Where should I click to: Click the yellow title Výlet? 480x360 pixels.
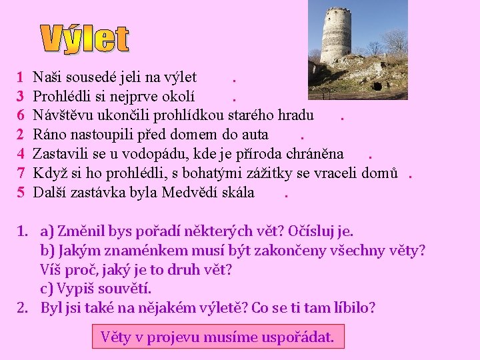(x=85, y=39)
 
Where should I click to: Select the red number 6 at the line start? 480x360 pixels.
(x=21, y=115)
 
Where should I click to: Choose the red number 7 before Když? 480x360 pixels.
(x=21, y=173)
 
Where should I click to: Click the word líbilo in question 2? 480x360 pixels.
(x=351, y=309)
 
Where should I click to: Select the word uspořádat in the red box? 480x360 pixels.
(x=296, y=337)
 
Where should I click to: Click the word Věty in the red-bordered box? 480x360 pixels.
(x=115, y=337)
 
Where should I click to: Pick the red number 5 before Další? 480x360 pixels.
(x=21, y=193)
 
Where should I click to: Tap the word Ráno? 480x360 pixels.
(x=49, y=135)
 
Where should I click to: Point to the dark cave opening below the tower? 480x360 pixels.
(x=377, y=85)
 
